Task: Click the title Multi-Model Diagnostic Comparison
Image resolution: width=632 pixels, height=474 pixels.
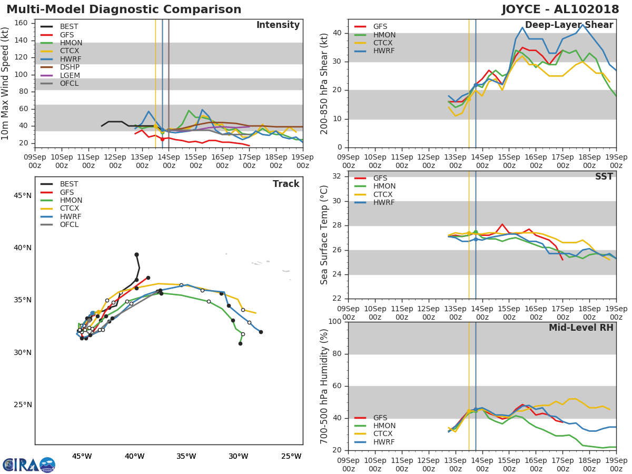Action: pos(124,9)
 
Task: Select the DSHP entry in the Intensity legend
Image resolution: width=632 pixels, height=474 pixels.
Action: pos(69,67)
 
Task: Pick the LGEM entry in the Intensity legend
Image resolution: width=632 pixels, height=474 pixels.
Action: pos(69,75)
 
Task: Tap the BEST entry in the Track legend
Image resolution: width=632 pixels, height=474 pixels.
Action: pos(69,184)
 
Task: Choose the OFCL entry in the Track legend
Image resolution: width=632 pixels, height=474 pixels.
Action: pos(69,225)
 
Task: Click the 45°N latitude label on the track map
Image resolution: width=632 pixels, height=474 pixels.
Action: pos(23,196)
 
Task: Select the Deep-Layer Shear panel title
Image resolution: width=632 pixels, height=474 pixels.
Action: pos(569,25)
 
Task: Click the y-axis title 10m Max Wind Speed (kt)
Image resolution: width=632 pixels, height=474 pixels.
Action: pos(6,84)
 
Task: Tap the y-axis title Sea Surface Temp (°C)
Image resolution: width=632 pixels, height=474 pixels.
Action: pos(324,234)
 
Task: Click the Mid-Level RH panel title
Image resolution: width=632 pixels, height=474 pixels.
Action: pos(581,328)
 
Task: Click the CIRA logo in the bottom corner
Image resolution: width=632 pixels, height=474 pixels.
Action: pos(29,465)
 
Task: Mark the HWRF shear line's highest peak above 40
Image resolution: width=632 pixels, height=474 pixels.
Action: pos(582,24)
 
